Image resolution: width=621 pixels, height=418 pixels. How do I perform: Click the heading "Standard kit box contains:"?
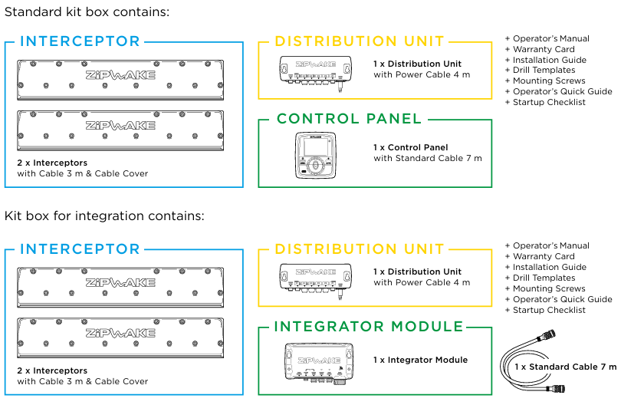[87, 12]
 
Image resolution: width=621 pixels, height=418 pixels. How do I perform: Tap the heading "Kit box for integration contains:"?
[104, 216]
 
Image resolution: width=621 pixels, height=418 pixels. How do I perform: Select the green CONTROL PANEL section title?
[349, 118]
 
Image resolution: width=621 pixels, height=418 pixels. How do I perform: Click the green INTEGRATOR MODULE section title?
[369, 327]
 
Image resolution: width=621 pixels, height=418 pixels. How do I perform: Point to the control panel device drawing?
[315, 156]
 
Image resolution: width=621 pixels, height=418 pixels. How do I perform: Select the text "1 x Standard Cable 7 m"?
[566, 367]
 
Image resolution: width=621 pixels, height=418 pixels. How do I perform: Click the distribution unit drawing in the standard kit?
[316, 73]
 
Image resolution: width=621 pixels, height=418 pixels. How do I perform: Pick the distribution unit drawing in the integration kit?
[316, 281]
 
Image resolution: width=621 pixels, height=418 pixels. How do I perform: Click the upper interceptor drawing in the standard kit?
[120, 80]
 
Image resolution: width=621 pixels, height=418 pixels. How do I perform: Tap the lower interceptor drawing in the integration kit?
[120, 338]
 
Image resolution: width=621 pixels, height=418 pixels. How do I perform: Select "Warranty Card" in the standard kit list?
[544, 49]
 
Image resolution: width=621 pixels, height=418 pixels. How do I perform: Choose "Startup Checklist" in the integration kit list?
[549, 310]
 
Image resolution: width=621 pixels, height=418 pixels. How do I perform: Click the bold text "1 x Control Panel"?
[411, 147]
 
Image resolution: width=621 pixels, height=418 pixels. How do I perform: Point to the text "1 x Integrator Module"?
[421, 360]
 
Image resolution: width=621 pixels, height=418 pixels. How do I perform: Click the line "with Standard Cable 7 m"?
[428, 158]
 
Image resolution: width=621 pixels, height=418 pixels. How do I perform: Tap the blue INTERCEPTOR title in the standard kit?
[80, 41]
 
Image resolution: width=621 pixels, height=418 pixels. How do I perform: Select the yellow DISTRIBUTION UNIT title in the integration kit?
[360, 248]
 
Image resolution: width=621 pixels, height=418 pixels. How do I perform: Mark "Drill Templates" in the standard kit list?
[544, 70]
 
